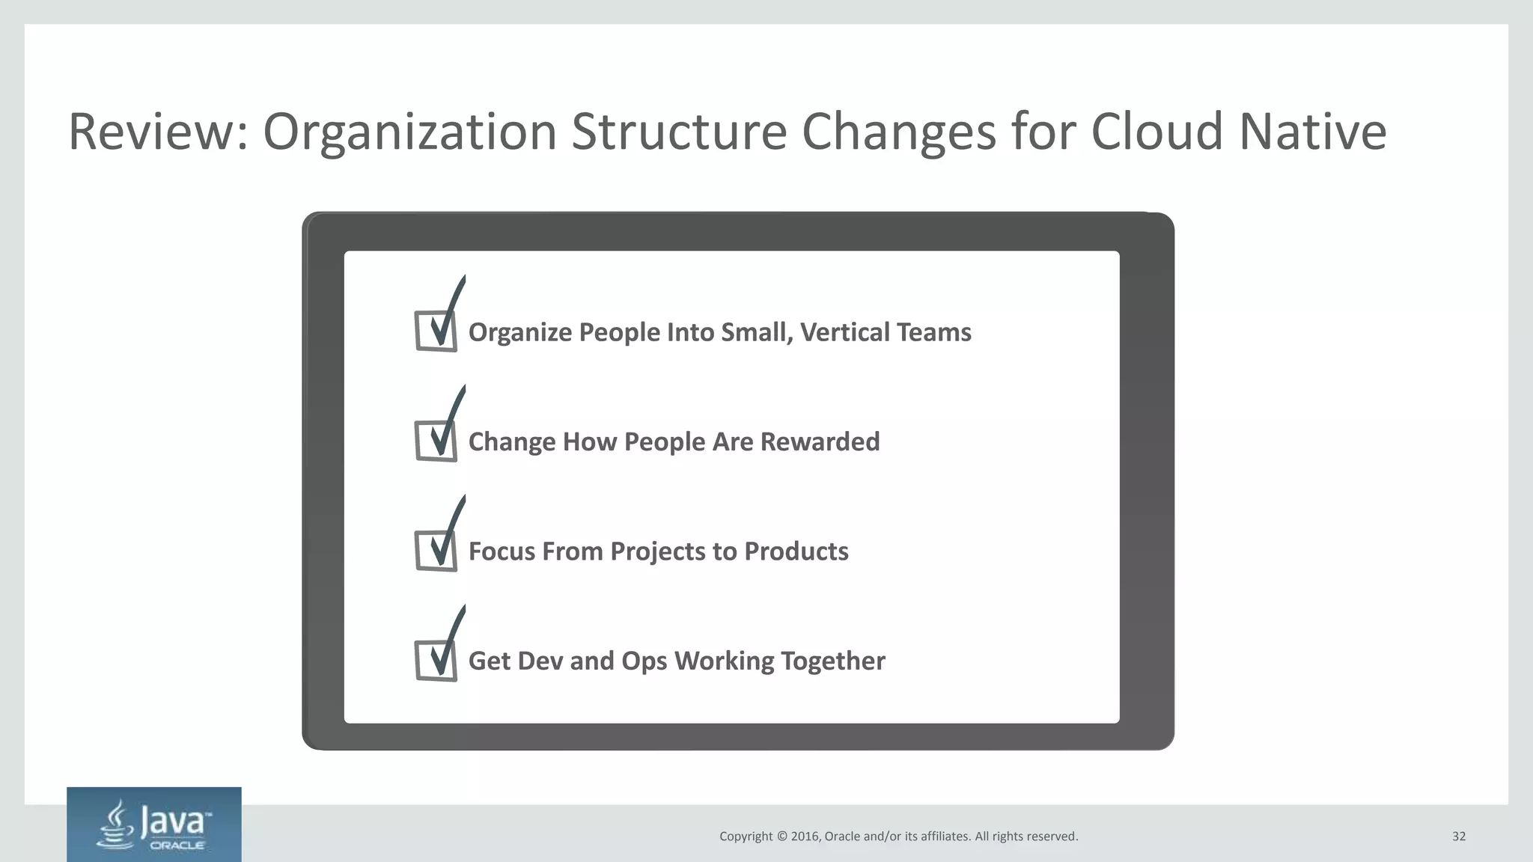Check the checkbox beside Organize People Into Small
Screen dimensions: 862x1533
pos(436,331)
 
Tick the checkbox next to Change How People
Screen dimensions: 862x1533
pos(436,441)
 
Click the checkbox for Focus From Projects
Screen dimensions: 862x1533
pos(436,551)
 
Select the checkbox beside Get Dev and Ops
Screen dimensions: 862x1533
pos(436,660)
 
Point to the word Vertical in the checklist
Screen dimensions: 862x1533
pos(841,332)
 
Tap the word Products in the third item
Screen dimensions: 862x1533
pos(796,551)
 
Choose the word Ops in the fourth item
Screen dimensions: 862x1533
pos(643,661)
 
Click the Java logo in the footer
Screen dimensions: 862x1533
pos(154,825)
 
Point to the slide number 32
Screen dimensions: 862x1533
pos(1459,837)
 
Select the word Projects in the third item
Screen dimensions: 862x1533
pos(658,551)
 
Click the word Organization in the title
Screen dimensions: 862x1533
pos(409,132)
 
